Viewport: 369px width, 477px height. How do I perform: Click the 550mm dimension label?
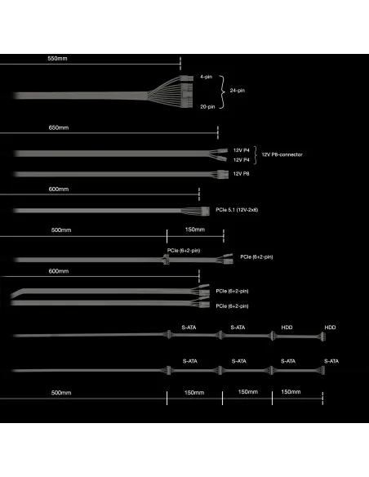(x=57, y=59)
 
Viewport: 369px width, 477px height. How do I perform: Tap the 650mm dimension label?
(x=59, y=127)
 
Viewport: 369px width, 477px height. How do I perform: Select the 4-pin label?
(x=206, y=77)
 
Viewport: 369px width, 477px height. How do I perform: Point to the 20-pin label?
(x=207, y=106)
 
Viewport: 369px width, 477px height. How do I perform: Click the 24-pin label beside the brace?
(x=238, y=91)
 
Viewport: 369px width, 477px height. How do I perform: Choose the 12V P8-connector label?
(x=282, y=154)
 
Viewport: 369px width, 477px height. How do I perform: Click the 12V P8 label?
(x=242, y=174)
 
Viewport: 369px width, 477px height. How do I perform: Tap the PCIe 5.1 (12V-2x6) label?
(x=237, y=210)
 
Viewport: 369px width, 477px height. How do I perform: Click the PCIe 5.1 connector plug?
(x=205, y=211)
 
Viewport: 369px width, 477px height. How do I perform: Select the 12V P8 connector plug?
(x=223, y=175)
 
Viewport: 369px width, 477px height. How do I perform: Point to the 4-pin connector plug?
(x=186, y=78)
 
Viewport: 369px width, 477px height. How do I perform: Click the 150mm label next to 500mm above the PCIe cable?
(x=195, y=230)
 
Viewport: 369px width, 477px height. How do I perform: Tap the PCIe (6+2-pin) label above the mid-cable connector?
(x=184, y=251)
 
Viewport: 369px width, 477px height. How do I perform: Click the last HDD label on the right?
(x=330, y=328)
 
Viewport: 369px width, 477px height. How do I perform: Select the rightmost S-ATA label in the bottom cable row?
(x=331, y=361)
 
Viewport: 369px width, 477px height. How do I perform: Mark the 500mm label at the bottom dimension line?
(x=61, y=393)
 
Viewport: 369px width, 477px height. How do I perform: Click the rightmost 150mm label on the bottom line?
(x=291, y=392)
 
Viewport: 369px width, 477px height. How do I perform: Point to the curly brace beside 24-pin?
(x=223, y=91)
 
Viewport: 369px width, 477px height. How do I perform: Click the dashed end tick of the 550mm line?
(x=180, y=64)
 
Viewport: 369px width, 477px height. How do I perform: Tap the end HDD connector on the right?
(x=322, y=337)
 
